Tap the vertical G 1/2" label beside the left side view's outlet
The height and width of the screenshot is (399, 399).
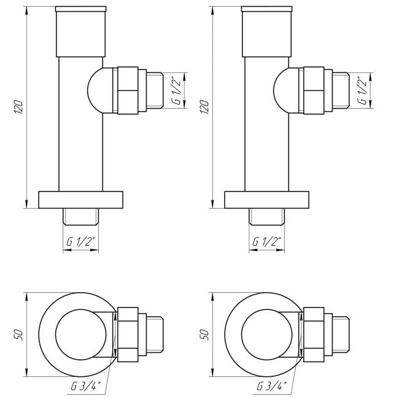(177, 90)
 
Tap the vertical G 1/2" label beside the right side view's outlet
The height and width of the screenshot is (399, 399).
(363, 90)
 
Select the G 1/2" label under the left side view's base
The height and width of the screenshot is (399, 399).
(80, 242)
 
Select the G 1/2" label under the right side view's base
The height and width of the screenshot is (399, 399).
(266, 242)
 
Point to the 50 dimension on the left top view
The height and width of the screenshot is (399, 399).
(19, 334)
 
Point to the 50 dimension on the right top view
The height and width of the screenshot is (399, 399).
(205, 334)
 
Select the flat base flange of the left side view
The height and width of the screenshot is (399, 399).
(80, 200)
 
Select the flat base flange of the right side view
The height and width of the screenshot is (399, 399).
(266, 200)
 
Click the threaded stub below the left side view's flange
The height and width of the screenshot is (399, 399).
(80, 216)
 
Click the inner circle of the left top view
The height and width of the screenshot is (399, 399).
(80, 334)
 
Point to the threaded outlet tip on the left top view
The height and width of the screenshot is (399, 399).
(155, 334)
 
